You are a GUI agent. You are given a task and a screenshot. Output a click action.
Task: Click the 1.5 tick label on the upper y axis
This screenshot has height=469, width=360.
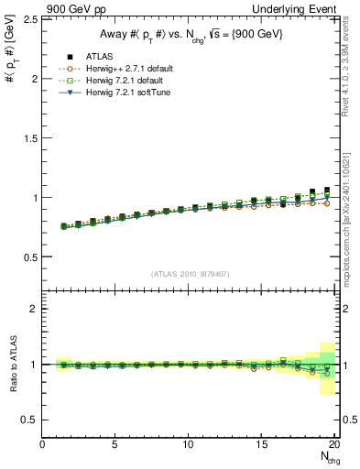click(30, 138)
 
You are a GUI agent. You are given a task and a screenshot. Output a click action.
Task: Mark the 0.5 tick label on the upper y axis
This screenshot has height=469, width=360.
click(30, 256)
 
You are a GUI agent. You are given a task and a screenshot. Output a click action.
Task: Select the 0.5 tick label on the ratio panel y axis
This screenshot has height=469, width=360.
click(30, 420)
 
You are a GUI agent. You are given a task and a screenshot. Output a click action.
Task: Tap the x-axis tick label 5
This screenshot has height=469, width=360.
click(115, 444)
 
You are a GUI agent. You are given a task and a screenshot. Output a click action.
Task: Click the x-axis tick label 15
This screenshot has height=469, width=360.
click(262, 444)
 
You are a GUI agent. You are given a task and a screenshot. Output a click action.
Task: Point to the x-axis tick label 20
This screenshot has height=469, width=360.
click(334, 444)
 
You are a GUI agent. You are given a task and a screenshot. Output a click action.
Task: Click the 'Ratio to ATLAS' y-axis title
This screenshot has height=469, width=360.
click(12, 364)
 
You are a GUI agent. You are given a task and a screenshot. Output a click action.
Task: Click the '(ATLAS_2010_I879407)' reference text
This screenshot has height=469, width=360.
click(191, 274)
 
